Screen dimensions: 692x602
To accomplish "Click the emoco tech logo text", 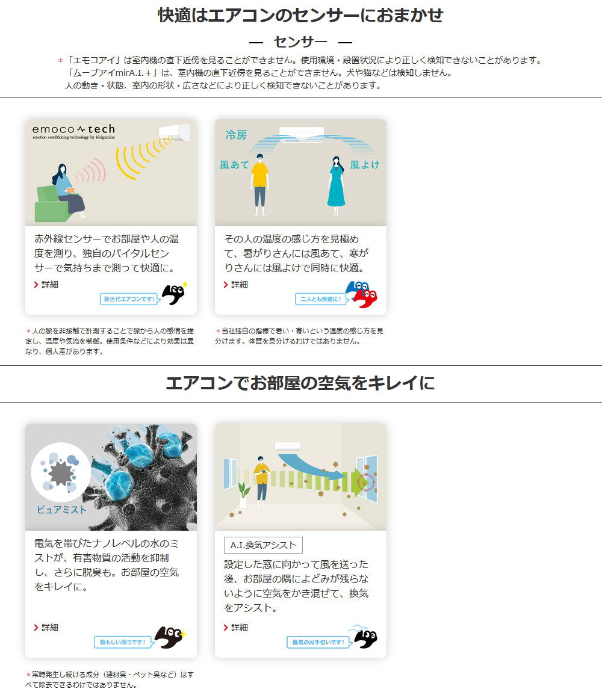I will click(73, 129).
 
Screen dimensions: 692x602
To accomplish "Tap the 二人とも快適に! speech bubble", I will click(321, 298).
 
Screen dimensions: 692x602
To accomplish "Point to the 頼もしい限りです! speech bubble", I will click(122, 642).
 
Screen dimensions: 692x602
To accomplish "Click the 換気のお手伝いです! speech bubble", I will click(318, 642).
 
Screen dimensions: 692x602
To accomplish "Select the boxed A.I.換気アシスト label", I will click(263, 545).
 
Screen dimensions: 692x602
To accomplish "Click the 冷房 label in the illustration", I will click(237, 135).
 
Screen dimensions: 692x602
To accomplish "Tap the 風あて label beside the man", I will click(234, 164).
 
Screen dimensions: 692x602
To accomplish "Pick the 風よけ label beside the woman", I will click(364, 164).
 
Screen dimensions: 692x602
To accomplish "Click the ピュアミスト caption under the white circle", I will click(61, 510).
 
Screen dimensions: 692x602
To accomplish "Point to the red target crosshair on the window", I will click(365, 482).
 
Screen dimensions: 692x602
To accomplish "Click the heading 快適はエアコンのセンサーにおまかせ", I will click(300, 15).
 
